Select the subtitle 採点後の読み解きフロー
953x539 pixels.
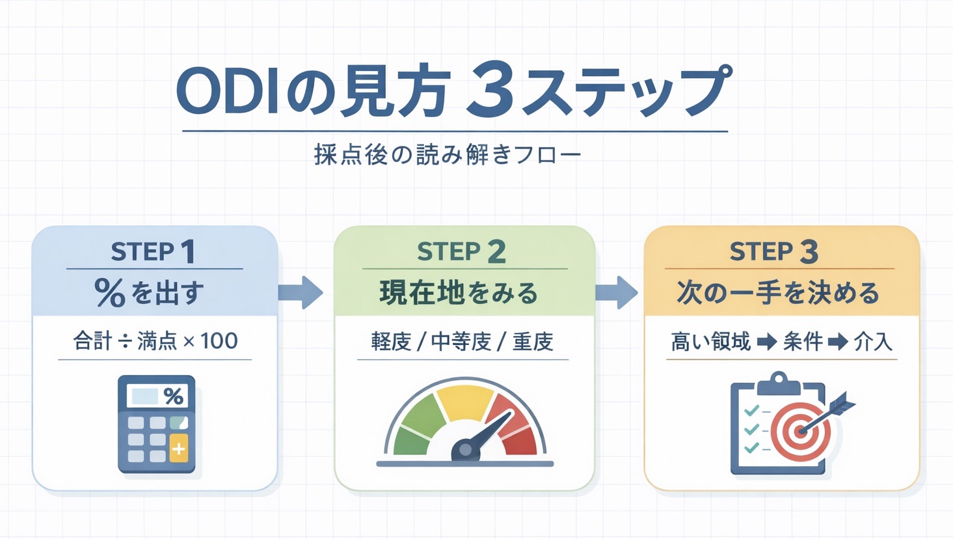pos(448,155)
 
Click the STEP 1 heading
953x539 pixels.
pos(154,252)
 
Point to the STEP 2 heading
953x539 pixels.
pos(461,252)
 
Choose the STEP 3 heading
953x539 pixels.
pos(774,252)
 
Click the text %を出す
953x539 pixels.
pos(150,293)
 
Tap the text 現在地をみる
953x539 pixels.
pos(459,293)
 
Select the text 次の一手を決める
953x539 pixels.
pos(778,293)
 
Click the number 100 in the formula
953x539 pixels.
pos(219,340)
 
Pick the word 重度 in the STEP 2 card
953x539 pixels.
pos(533,341)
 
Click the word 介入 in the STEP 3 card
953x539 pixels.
pos(872,341)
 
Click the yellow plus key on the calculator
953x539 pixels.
pos(178,449)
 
